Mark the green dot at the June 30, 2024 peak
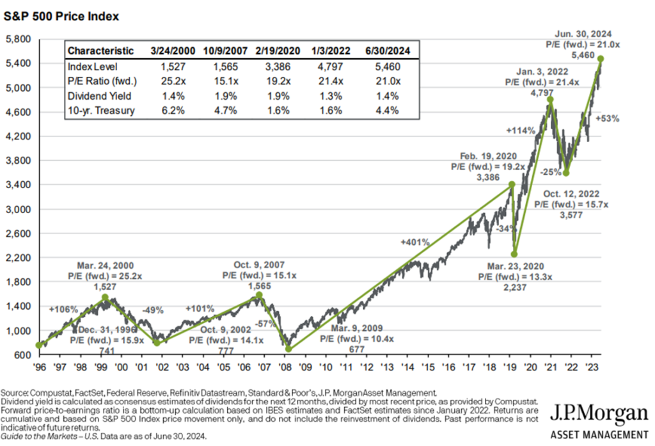tap(601, 59)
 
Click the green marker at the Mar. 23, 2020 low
tap(514, 254)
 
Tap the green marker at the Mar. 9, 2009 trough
tap(288, 349)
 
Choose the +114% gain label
tap(521, 131)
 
